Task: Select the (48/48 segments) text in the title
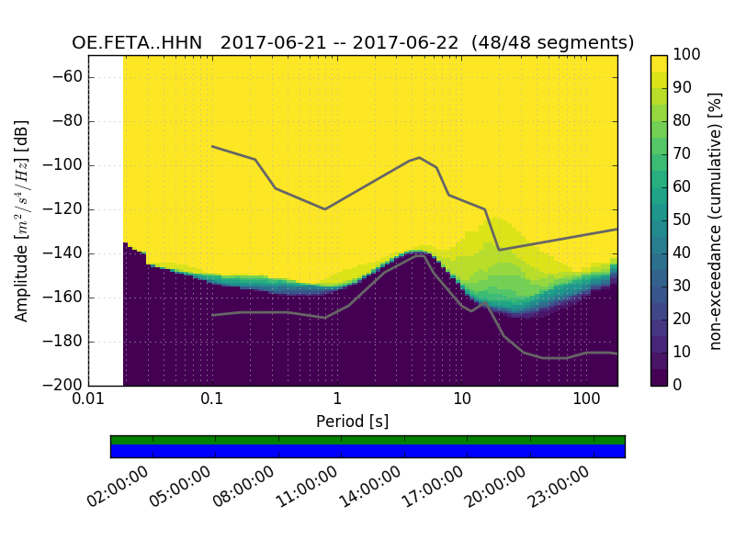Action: [x=552, y=43]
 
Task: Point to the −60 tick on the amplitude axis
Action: [x=70, y=77]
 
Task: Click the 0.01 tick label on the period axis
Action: [x=88, y=400]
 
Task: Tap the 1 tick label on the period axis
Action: [x=337, y=400]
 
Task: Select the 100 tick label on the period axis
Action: [x=586, y=400]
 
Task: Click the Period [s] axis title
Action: [x=353, y=422]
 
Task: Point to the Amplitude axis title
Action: [x=22, y=220]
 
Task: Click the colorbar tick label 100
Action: [x=687, y=55]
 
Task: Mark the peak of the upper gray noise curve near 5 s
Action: [x=419, y=158]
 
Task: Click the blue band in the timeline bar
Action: [x=367, y=451]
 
